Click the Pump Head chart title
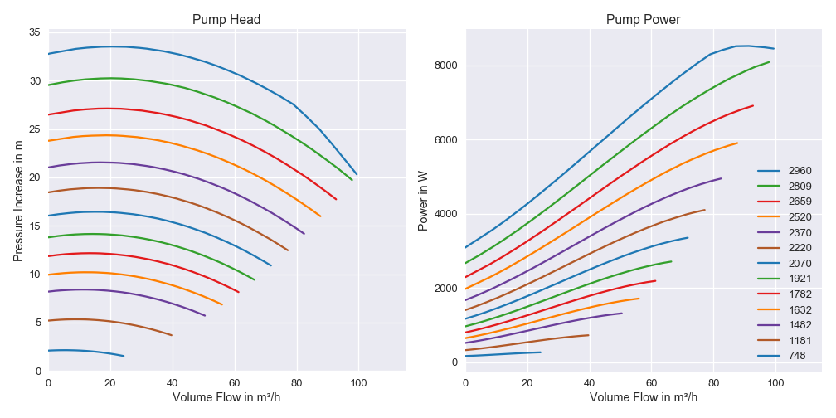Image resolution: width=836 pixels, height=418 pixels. click(x=226, y=19)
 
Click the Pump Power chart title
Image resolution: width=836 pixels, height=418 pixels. click(x=644, y=19)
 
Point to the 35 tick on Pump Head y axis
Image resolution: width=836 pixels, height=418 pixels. click(x=35, y=32)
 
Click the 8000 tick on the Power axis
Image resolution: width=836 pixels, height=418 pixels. click(x=445, y=66)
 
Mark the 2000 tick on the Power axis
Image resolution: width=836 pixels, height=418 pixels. click(x=445, y=289)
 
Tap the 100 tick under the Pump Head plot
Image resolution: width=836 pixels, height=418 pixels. click(x=359, y=382)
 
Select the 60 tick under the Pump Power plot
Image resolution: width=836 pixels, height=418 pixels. click(x=652, y=382)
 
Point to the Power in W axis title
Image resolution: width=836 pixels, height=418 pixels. click(x=423, y=200)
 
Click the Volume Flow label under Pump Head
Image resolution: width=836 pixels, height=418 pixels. click(x=226, y=397)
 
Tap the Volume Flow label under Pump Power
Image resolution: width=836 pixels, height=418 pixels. click(x=644, y=397)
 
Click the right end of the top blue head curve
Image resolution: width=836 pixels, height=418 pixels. click(x=357, y=174)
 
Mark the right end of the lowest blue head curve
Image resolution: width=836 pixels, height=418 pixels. click(x=124, y=356)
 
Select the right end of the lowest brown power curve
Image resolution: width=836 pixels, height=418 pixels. click(x=589, y=335)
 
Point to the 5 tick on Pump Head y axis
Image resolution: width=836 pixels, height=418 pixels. click(x=38, y=323)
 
